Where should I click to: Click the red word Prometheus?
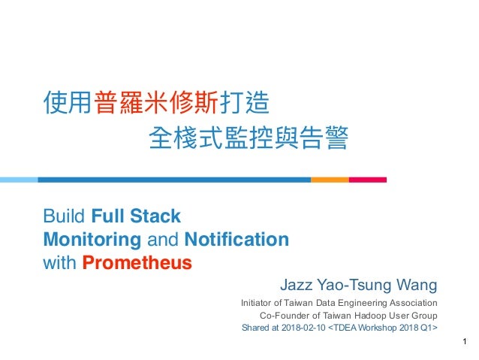(137, 263)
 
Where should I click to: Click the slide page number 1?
(465, 345)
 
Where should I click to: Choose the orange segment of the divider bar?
(329, 180)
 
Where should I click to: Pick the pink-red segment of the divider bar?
(367, 180)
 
